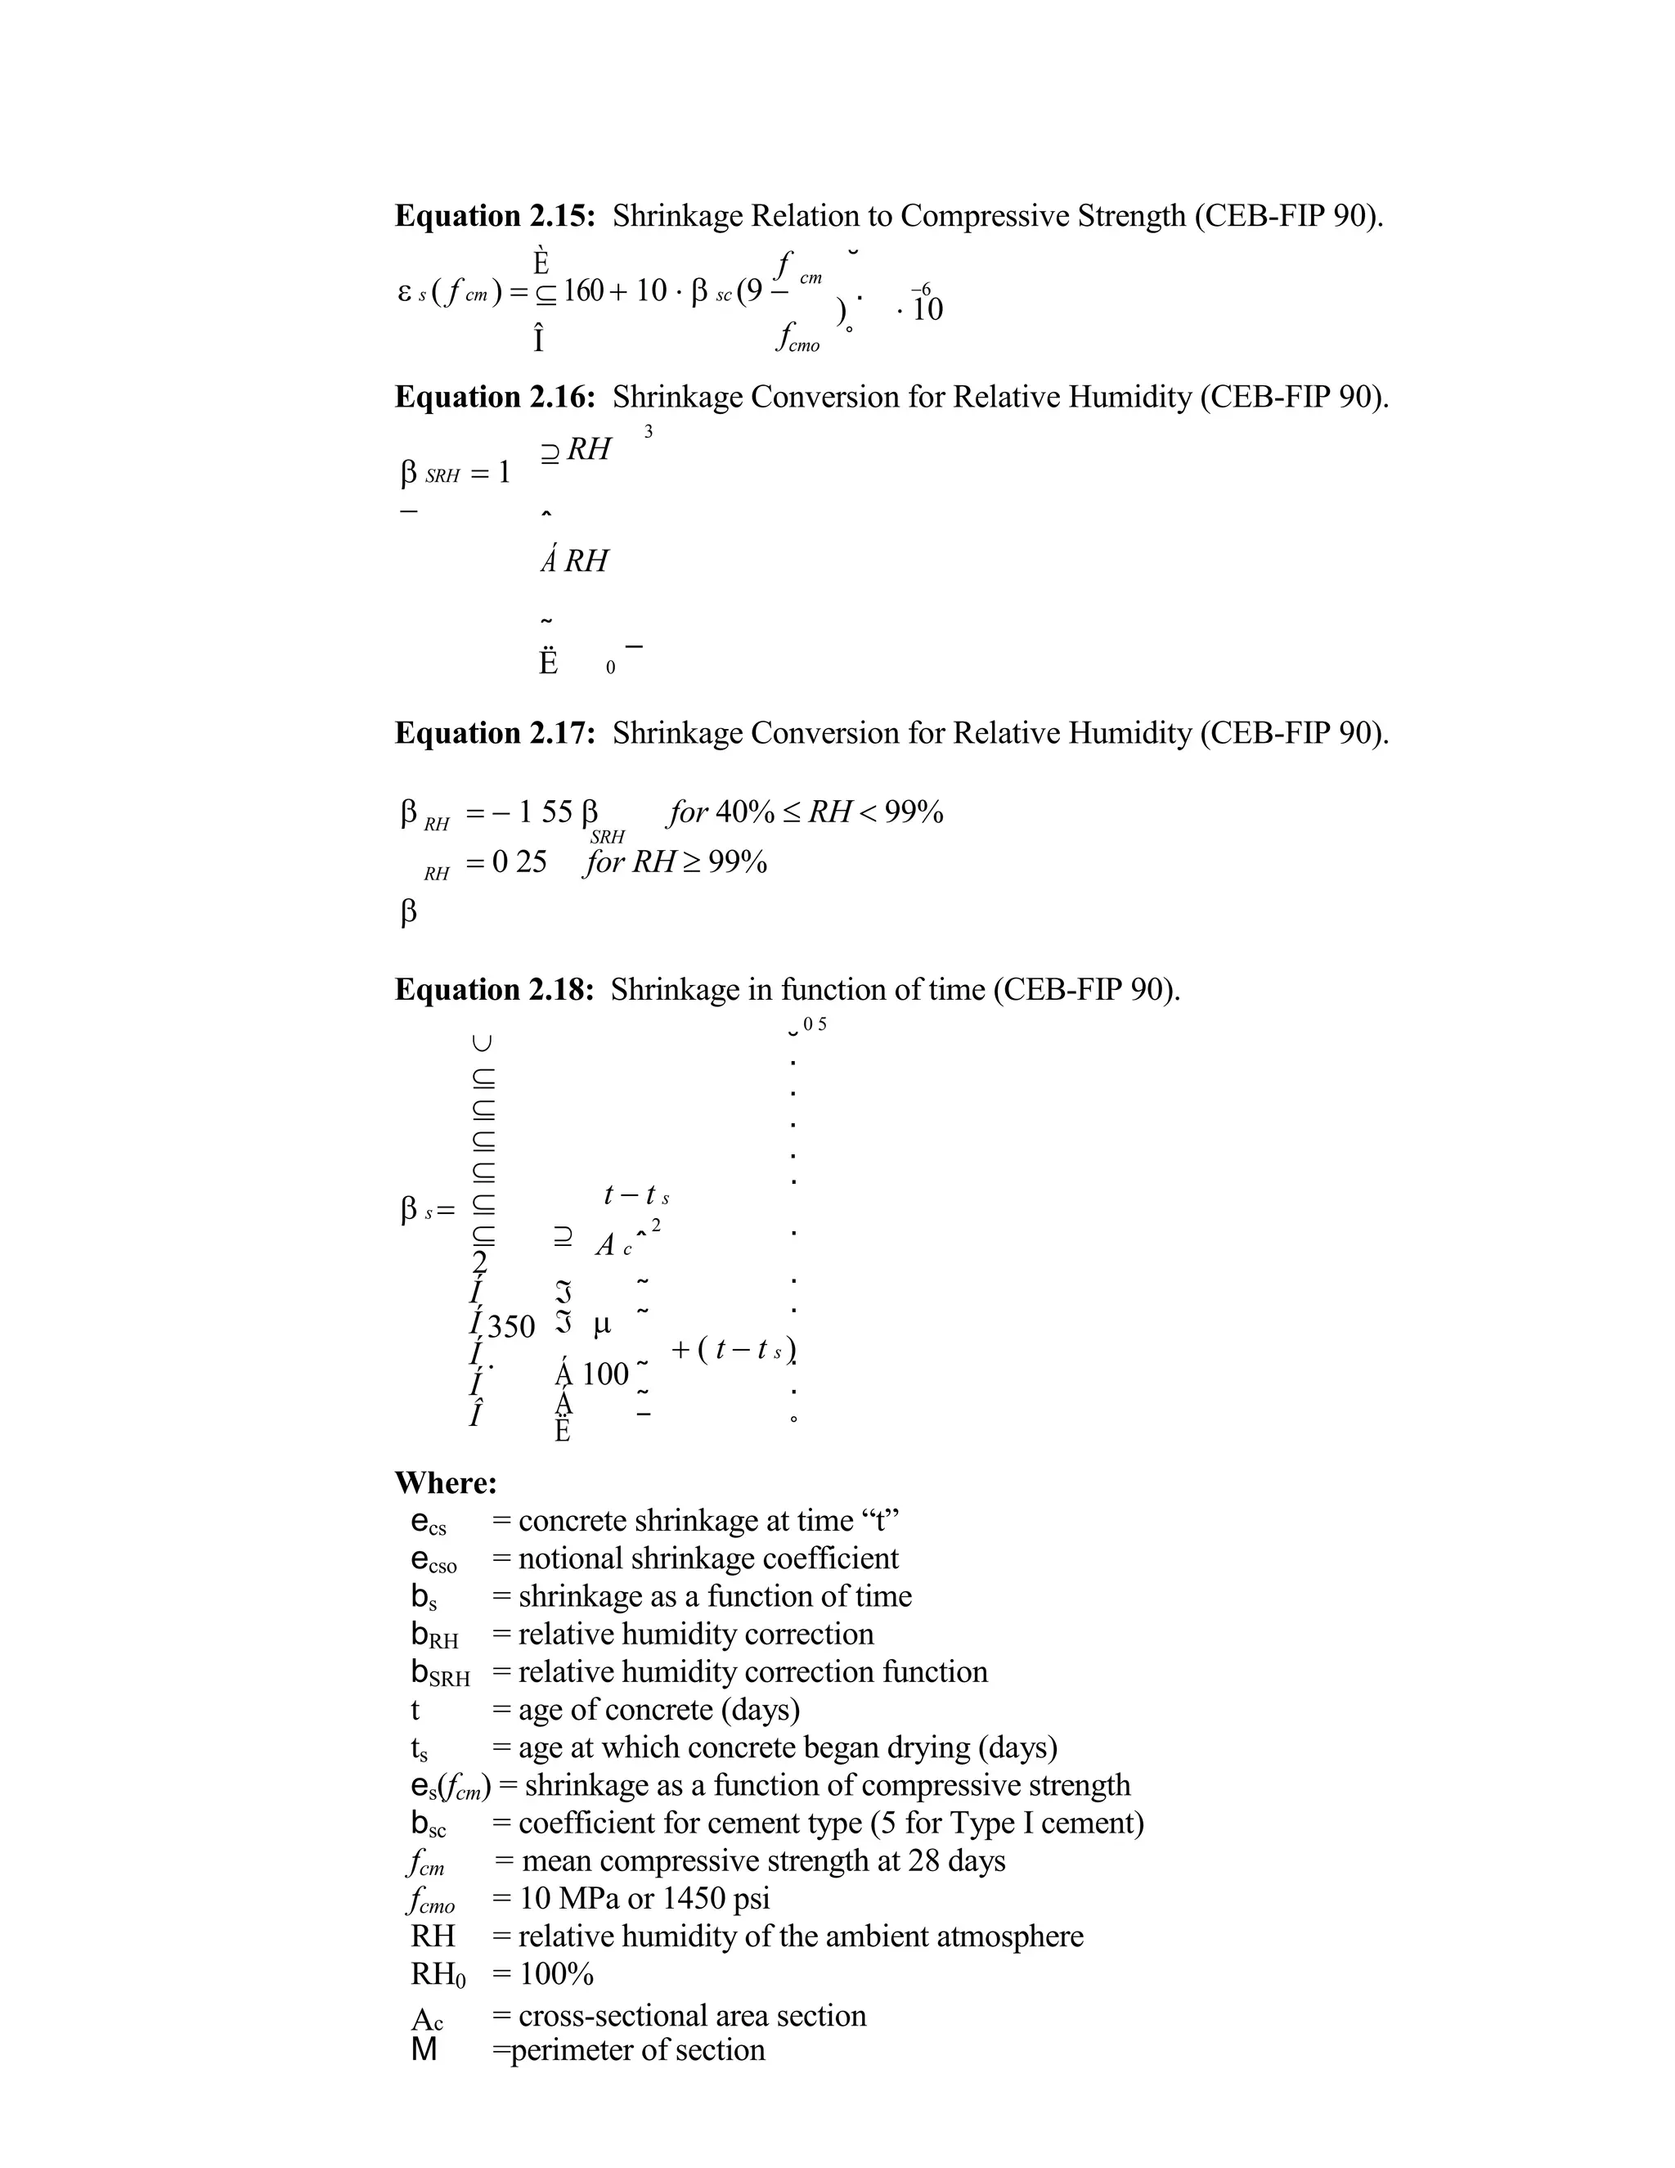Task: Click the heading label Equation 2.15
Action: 494,215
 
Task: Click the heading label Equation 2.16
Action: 494,396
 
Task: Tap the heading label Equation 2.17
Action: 494,732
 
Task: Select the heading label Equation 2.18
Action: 493,989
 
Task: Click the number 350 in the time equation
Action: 511,1326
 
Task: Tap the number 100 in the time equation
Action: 605,1374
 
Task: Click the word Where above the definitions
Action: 446,1482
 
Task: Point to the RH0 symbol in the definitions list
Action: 438,1974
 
